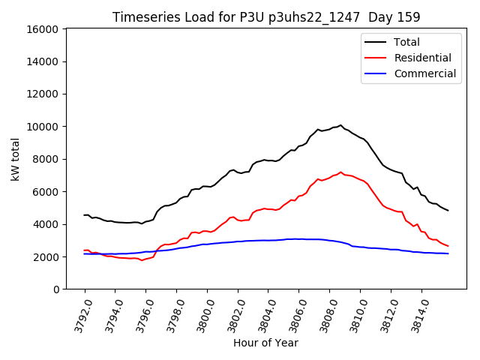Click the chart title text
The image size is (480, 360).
(266, 16)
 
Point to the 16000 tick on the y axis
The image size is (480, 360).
(43, 29)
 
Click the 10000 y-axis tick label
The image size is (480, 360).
(43, 127)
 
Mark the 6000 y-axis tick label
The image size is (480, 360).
(46, 192)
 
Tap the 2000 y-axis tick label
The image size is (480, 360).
(46, 256)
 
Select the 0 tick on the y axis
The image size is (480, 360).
(56, 289)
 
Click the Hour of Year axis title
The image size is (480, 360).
(265, 343)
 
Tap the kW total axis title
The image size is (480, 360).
(15, 159)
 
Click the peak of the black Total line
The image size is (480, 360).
(340, 125)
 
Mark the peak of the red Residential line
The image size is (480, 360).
(340, 172)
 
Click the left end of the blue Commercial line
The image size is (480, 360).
(85, 253)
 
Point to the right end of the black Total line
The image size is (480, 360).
(448, 211)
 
